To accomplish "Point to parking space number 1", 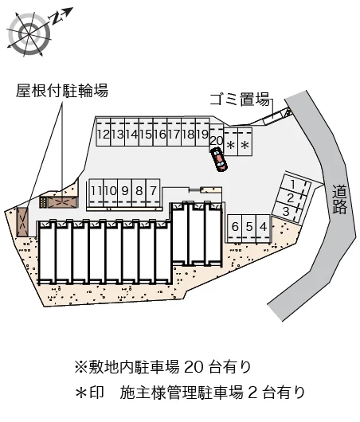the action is [x=295, y=184].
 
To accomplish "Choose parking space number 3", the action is [x=287, y=211].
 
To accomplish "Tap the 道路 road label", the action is [x=338, y=199].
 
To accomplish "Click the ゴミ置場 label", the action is [x=240, y=100].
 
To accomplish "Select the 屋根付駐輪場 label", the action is [x=62, y=90].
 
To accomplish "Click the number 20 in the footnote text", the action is [x=194, y=366].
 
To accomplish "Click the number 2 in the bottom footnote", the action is [x=252, y=393].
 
